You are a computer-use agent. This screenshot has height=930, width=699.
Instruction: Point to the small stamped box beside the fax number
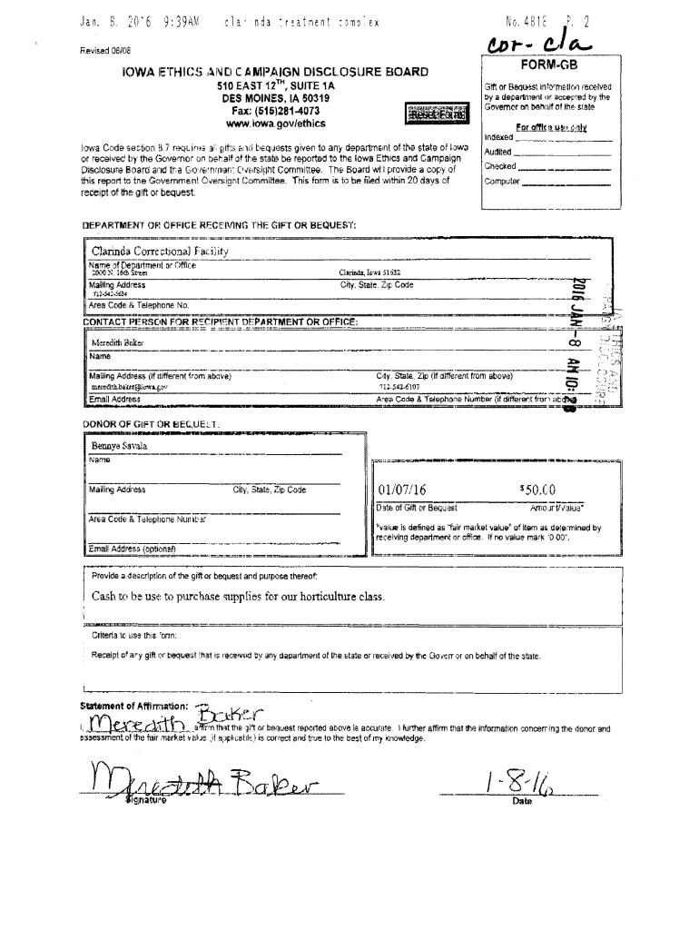[438, 115]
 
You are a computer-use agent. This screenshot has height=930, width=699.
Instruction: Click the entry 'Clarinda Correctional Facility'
[159, 250]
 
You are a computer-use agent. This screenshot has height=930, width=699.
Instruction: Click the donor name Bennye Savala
[118, 446]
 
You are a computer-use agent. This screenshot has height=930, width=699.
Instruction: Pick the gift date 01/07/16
[401, 491]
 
